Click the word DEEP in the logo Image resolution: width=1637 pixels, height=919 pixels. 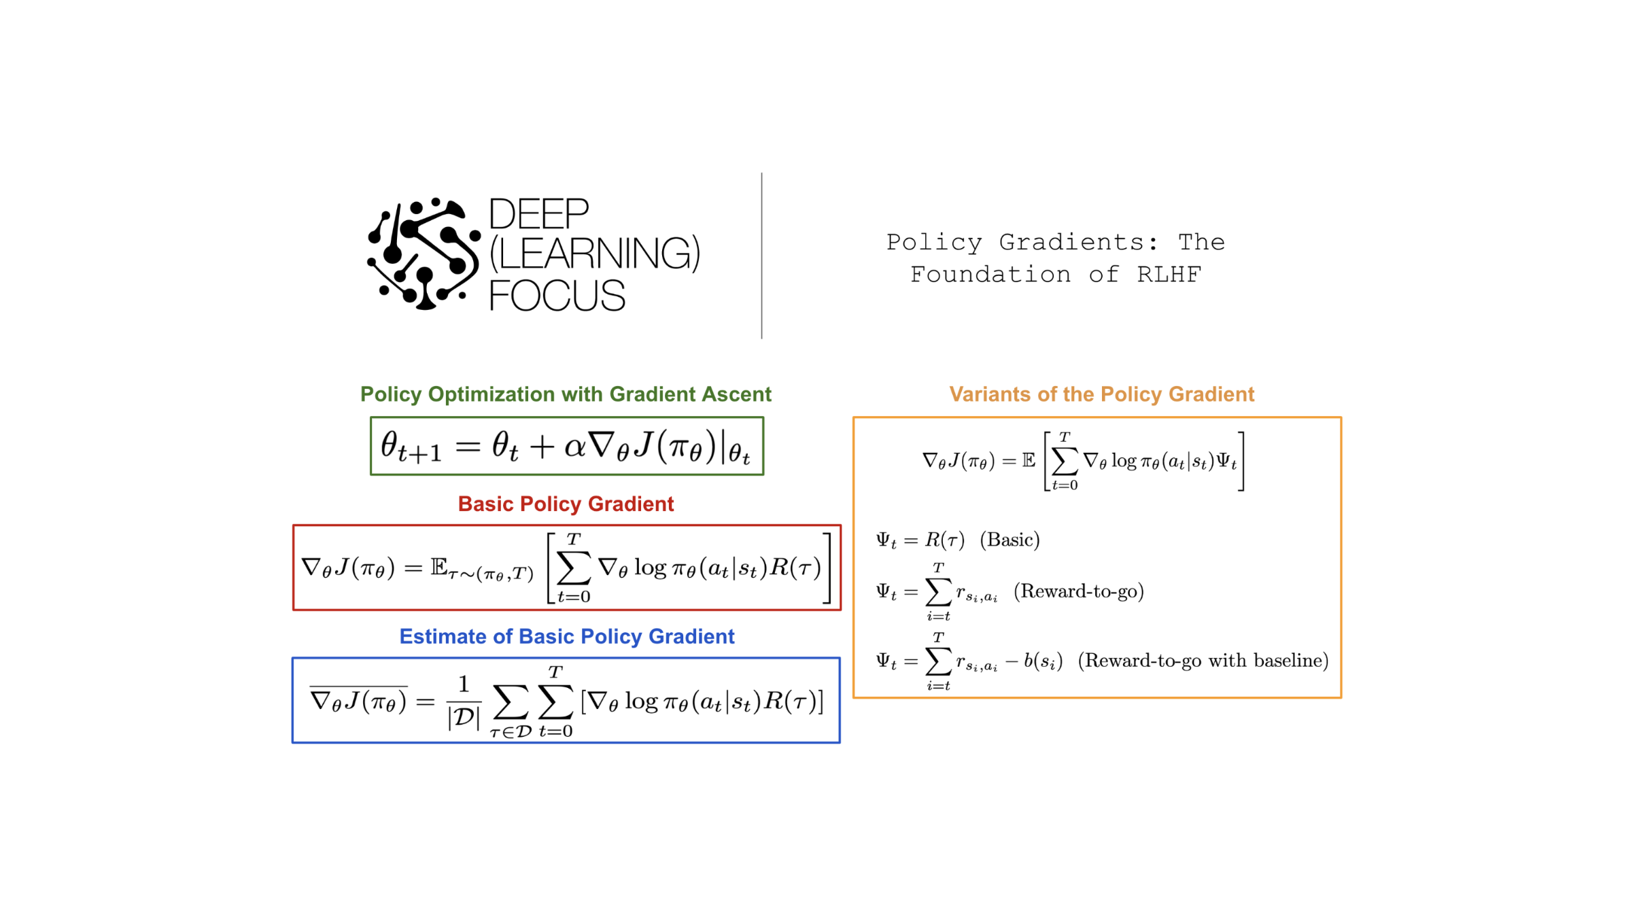538,214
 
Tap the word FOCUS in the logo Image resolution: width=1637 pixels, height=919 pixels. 557,296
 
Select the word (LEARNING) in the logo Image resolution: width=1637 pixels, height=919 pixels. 595,254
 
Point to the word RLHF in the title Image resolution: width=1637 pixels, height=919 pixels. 1169,275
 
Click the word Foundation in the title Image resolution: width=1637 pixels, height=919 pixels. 990,275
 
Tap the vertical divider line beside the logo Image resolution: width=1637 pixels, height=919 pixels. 761,256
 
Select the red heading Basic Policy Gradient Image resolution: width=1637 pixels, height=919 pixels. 566,504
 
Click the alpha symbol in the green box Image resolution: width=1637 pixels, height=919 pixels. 574,447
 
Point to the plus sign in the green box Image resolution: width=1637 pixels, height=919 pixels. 542,447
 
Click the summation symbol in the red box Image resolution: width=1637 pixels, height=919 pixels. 574,568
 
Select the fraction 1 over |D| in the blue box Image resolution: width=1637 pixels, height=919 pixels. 464,701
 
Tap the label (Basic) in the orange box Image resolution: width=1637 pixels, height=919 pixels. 1010,540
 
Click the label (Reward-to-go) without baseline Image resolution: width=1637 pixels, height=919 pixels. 1079,591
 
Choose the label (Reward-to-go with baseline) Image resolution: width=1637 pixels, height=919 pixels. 1203,661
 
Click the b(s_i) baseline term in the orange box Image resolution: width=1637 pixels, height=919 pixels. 1043,661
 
